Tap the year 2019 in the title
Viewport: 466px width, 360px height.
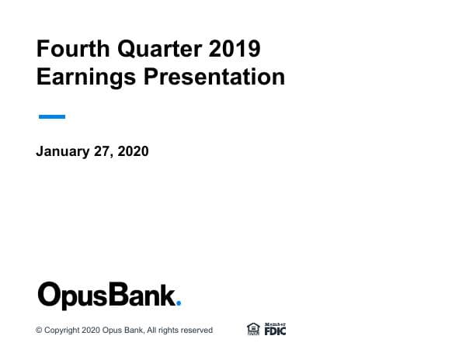(x=235, y=50)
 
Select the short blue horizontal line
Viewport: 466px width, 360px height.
(x=51, y=117)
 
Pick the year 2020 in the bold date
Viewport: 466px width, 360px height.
(x=132, y=151)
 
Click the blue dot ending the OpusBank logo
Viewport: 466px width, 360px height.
(x=179, y=306)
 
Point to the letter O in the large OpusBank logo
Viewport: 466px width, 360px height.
(x=50, y=296)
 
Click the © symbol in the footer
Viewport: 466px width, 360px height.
(x=39, y=331)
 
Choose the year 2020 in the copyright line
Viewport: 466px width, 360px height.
(x=91, y=331)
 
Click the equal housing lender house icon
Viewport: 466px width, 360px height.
(x=253, y=329)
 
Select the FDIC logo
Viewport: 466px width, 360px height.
(x=275, y=329)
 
